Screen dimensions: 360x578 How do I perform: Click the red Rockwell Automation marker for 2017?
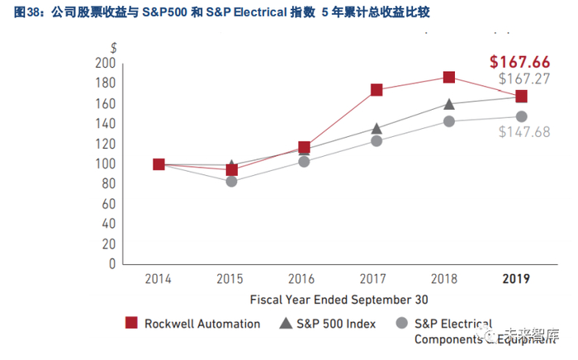pos(377,90)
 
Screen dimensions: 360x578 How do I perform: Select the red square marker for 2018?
pos(448,77)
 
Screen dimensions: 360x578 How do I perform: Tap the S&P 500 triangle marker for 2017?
pos(377,128)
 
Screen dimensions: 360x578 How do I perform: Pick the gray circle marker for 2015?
pos(232,181)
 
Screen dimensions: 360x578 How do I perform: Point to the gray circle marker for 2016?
pos(304,161)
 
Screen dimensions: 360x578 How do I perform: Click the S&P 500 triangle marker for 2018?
pos(448,104)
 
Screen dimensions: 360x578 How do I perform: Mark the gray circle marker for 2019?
pos(521,117)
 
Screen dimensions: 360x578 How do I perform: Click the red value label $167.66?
pos(519,62)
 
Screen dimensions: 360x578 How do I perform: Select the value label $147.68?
pos(524,132)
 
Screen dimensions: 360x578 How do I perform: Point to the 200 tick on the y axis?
pos(105,63)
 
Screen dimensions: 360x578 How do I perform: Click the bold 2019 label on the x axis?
pos(517,280)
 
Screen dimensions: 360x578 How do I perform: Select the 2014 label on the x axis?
pos(159,280)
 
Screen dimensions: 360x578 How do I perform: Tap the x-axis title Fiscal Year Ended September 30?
pos(339,299)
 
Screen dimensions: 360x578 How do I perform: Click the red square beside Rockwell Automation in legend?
pos(130,323)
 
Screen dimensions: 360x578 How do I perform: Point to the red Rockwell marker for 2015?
pos(232,170)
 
